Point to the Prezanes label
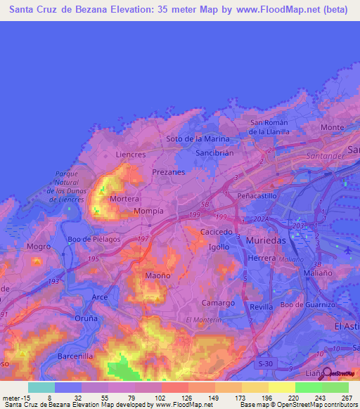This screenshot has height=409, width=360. pos(168,171)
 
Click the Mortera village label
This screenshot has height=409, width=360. pos(124,200)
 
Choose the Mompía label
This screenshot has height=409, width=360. pos(148,211)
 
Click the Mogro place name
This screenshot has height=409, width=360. pos(39,247)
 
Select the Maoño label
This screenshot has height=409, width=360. pos(157,276)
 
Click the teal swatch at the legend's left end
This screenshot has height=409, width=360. pos(41,387)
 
